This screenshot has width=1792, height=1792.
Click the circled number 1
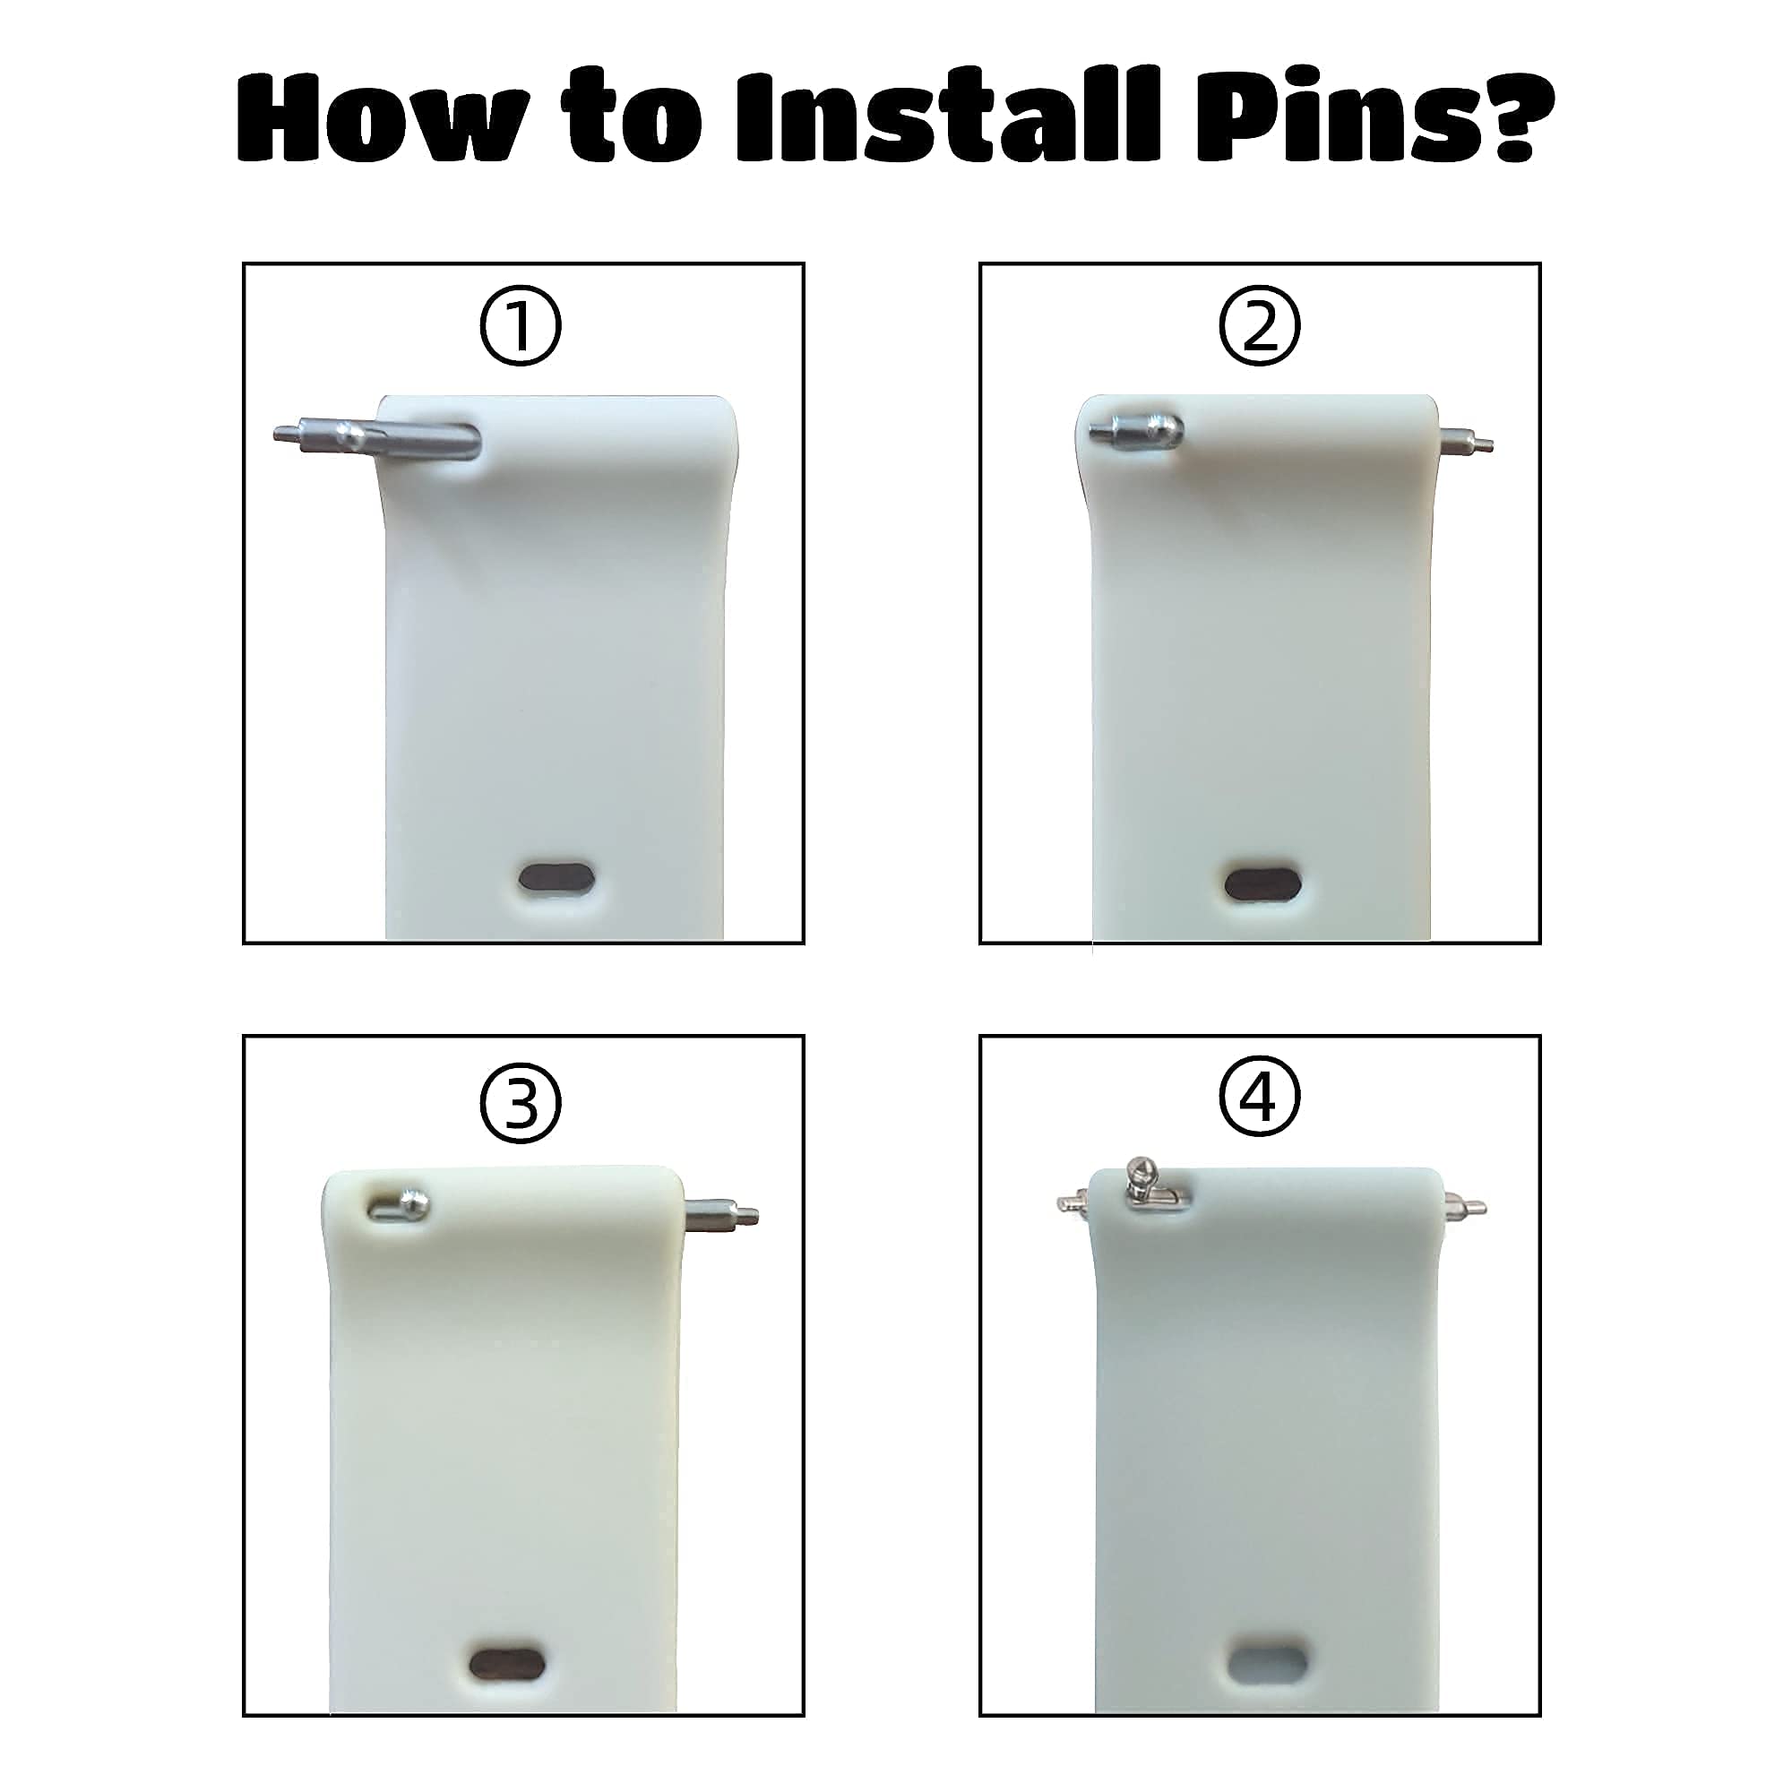520,326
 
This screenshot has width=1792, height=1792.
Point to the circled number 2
1259,326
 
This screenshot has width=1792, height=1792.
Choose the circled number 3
520,1102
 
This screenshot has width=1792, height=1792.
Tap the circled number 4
1259,1098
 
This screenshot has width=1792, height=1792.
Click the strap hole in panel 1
556,877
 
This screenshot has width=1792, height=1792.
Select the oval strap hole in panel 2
1261,883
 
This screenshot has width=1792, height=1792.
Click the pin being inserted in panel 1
376,438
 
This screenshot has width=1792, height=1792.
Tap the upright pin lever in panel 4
1137,1182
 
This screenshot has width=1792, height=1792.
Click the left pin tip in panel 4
1073,1204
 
